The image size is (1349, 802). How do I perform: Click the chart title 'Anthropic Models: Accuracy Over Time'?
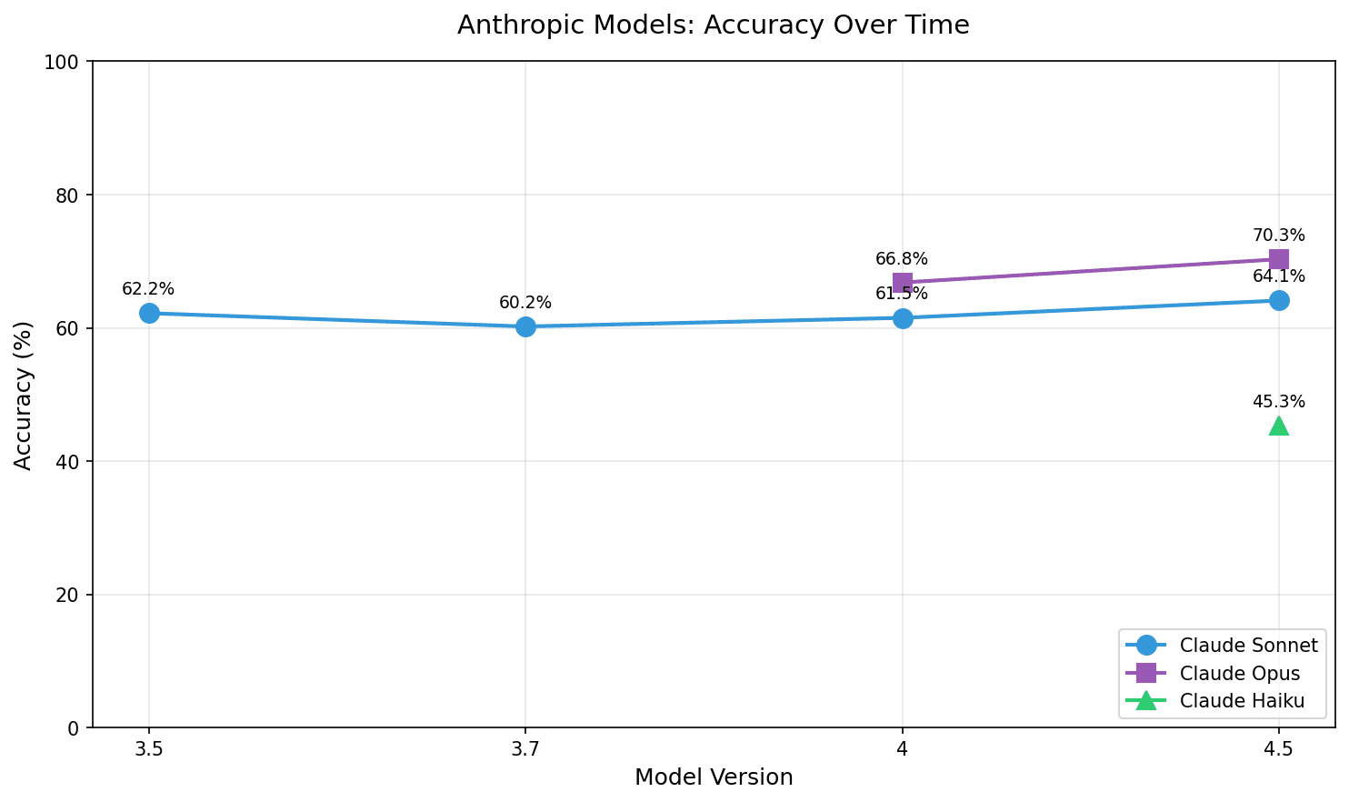click(713, 25)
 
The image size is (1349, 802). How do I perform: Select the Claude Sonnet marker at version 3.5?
click(149, 313)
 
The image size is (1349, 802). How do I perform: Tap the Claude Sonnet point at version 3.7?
click(525, 326)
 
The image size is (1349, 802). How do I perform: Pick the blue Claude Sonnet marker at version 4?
click(903, 318)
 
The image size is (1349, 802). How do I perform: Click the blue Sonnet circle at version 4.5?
click(1279, 300)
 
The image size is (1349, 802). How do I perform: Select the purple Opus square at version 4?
click(903, 283)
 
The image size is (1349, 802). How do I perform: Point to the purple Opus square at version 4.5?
click(1279, 259)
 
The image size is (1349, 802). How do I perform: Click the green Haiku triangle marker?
click(1279, 426)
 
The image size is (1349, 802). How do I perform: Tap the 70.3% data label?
click(1278, 236)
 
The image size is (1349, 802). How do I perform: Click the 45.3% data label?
click(1278, 402)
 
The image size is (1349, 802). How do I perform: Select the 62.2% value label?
click(148, 289)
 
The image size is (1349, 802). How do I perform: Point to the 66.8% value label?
click(902, 259)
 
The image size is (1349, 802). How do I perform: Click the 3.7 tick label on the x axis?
click(525, 750)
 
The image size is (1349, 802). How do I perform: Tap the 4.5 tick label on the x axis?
click(1279, 750)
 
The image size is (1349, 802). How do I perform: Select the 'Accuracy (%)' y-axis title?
click(25, 395)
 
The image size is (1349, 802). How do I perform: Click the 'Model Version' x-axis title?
click(714, 778)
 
